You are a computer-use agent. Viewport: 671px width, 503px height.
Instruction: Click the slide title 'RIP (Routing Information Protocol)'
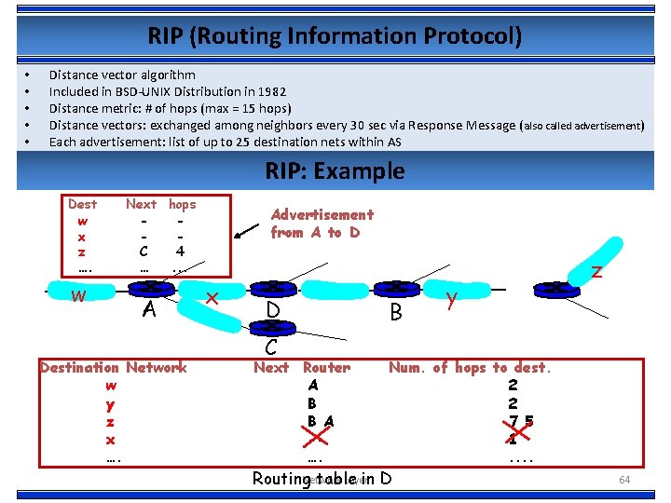[x=335, y=36]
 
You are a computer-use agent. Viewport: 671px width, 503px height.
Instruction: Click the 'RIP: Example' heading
[x=335, y=171]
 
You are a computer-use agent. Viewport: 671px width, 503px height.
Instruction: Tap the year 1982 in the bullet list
[x=269, y=91]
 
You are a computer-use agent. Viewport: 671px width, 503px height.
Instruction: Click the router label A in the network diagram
[x=148, y=309]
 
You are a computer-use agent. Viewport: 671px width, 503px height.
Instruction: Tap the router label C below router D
[x=270, y=347]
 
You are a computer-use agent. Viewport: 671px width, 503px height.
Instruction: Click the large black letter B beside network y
[x=396, y=312]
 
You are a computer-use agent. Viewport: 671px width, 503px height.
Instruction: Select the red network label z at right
[x=596, y=271]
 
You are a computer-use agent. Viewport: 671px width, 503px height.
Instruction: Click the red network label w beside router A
[x=80, y=297]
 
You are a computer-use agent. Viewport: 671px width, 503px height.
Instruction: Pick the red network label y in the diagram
[x=450, y=299]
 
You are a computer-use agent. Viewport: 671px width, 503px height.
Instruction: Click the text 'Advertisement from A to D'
[x=322, y=224]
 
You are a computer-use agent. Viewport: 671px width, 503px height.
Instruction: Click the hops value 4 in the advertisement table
[x=180, y=251]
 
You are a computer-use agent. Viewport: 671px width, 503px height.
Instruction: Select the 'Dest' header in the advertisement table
[x=82, y=203]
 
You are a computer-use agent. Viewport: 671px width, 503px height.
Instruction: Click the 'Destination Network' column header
[x=113, y=368]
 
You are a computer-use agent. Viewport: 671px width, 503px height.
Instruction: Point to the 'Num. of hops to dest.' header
[x=470, y=368]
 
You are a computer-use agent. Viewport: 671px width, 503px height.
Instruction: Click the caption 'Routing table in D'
[x=322, y=479]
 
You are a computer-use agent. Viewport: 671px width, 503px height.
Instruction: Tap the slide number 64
[x=625, y=479]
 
